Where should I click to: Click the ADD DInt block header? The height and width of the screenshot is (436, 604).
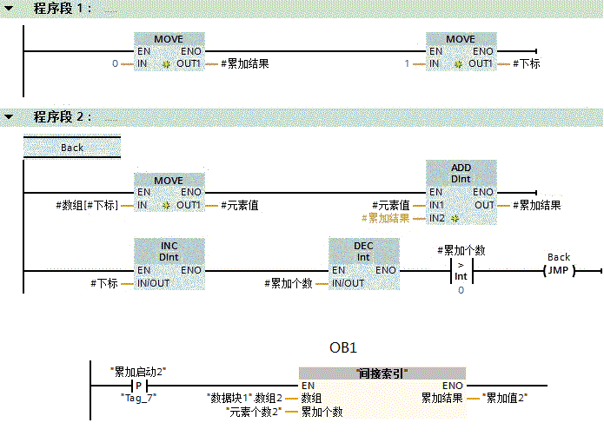pyautogui.click(x=461, y=173)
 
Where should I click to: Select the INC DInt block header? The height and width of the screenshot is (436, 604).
pyautogui.click(x=169, y=251)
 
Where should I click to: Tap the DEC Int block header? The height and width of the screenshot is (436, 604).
pyautogui.click(x=363, y=251)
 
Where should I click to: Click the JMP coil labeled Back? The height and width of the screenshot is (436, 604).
pyautogui.click(x=559, y=270)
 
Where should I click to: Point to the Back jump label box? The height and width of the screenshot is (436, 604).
pyautogui.click(x=72, y=148)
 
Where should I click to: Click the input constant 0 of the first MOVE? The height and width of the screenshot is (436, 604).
pyautogui.click(x=115, y=63)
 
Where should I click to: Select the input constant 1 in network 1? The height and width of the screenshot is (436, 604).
pyautogui.click(x=407, y=63)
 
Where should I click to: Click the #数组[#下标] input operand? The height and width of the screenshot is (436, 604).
pyautogui.click(x=87, y=205)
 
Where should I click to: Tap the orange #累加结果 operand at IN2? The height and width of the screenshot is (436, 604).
pyautogui.click(x=385, y=218)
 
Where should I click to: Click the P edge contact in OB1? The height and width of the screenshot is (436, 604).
pyautogui.click(x=139, y=386)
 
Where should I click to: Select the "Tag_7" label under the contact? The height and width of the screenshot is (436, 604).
pyautogui.click(x=138, y=398)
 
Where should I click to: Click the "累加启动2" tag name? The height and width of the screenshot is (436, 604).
pyautogui.click(x=138, y=372)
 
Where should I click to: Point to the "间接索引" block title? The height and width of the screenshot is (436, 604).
pyautogui.click(x=382, y=373)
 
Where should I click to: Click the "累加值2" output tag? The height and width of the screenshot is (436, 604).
pyautogui.click(x=505, y=398)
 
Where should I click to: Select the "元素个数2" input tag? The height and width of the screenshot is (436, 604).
pyautogui.click(x=254, y=412)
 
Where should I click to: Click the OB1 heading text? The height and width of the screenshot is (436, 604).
pyautogui.click(x=343, y=348)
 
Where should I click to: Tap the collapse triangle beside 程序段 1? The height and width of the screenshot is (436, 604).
pyautogui.click(x=9, y=8)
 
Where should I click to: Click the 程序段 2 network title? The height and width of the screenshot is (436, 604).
pyautogui.click(x=62, y=116)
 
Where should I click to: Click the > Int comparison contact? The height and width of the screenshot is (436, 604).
pyautogui.click(x=461, y=271)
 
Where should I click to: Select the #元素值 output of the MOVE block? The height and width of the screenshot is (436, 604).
pyautogui.click(x=240, y=205)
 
